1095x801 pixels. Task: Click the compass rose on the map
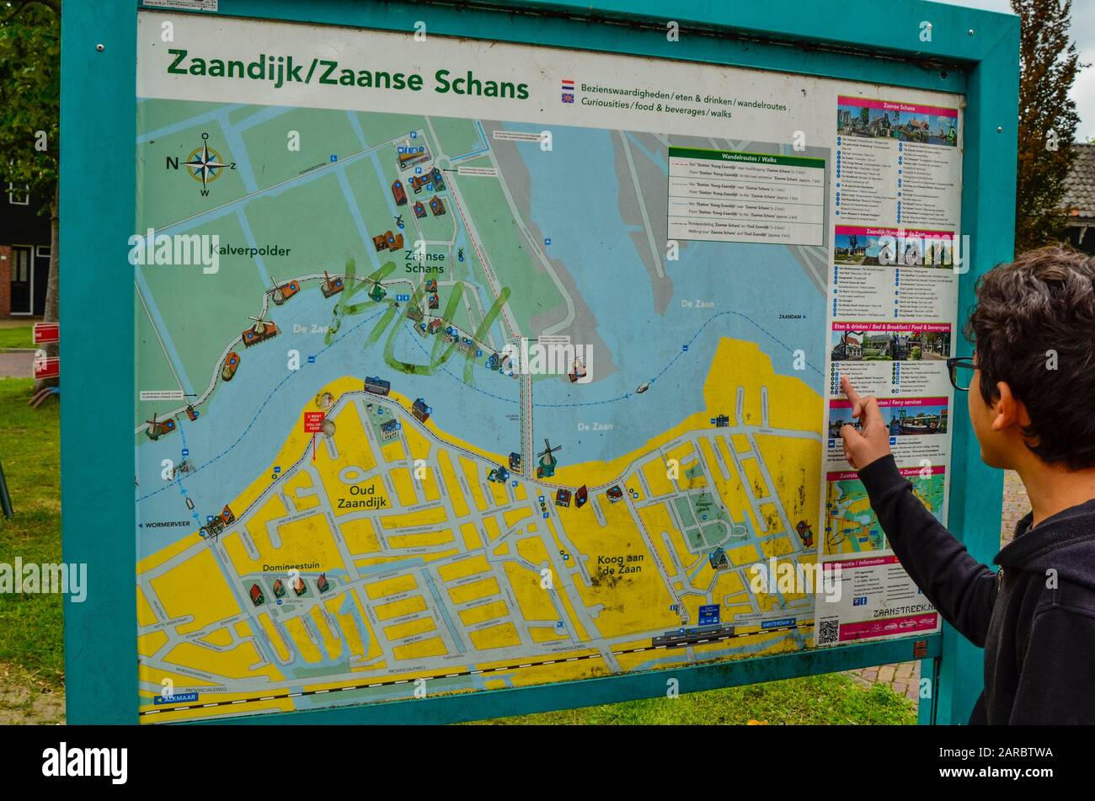click(205, 163)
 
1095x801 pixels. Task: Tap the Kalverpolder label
click(250, 251)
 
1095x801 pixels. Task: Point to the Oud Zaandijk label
click(362, 496)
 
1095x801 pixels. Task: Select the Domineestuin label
click(292, 567)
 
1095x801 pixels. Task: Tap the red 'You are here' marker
click(313, 422)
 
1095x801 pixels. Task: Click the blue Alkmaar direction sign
click(176, 698)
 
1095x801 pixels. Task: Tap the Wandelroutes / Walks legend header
click(745, 157)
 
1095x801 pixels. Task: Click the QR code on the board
click(828, 631)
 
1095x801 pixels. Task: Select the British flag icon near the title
click(568, 99)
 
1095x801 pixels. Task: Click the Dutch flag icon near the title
click(568, 85)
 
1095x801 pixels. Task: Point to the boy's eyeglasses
click(961, 371)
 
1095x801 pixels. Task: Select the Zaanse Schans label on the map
click(424, 261)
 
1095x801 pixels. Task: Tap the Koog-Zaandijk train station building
click(692, 637)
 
